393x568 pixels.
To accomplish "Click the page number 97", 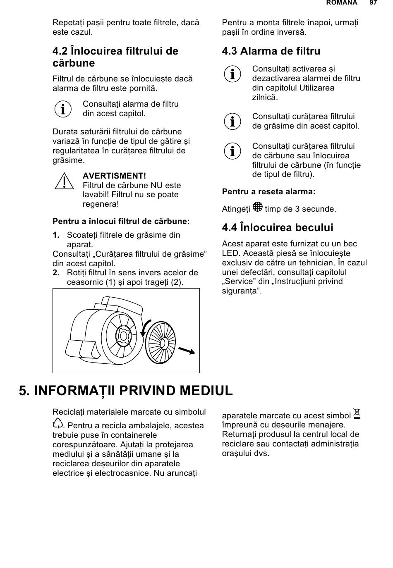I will click(x=373, y=3).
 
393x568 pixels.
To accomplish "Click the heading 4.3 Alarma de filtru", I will click(x=271, y=51).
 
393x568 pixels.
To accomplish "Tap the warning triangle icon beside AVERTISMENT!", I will click(x=64, y=182).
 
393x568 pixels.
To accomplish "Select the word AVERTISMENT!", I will click(x=114, y=176).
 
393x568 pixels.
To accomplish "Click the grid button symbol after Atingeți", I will click(x=257, y=207).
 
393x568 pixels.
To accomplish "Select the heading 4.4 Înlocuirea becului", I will click(x=277, y=228).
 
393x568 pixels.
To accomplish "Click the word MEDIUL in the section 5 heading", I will click(x=199, y=391).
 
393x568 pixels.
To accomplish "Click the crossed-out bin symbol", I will click(x=357, y=414).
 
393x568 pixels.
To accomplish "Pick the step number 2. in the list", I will click(x=56, y=273).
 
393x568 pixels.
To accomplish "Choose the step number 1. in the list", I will click(x=56, y=235).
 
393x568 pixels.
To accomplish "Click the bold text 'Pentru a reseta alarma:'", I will click(x=268, y=192).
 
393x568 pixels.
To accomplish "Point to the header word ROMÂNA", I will click(x=341, y=3).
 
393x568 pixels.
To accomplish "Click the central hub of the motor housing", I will click(x=123, y=335).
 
